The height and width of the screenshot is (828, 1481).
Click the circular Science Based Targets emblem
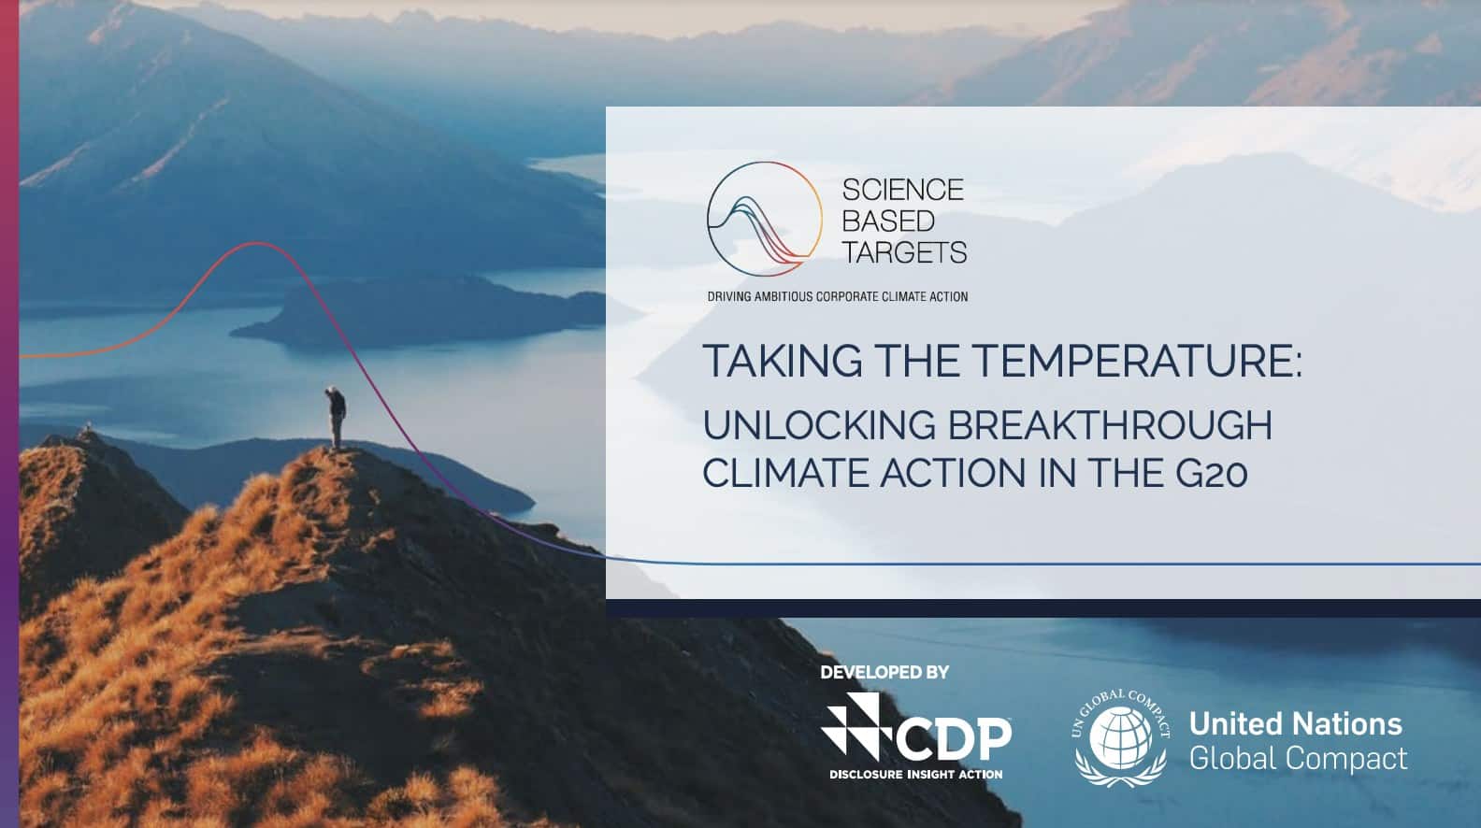point(764,219)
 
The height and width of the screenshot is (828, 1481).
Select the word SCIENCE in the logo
point(902,190)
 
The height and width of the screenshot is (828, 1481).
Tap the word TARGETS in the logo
point(904,251)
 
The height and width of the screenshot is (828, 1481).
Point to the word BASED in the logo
point(888,221)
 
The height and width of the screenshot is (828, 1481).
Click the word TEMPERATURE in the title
point(1136,361)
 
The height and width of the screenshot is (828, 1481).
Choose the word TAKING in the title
point(783,361)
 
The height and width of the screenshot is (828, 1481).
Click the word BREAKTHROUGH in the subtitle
point(1110,425)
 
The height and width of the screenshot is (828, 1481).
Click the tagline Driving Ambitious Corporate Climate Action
point(838,296)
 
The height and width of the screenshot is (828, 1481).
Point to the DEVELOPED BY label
point(884,672)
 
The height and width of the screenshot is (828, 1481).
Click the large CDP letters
point(954,739)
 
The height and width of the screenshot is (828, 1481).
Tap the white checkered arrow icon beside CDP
point(856,725)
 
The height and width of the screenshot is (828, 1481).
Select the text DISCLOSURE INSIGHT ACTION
point(915,775)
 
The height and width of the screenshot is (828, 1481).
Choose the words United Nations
point(1295,724)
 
